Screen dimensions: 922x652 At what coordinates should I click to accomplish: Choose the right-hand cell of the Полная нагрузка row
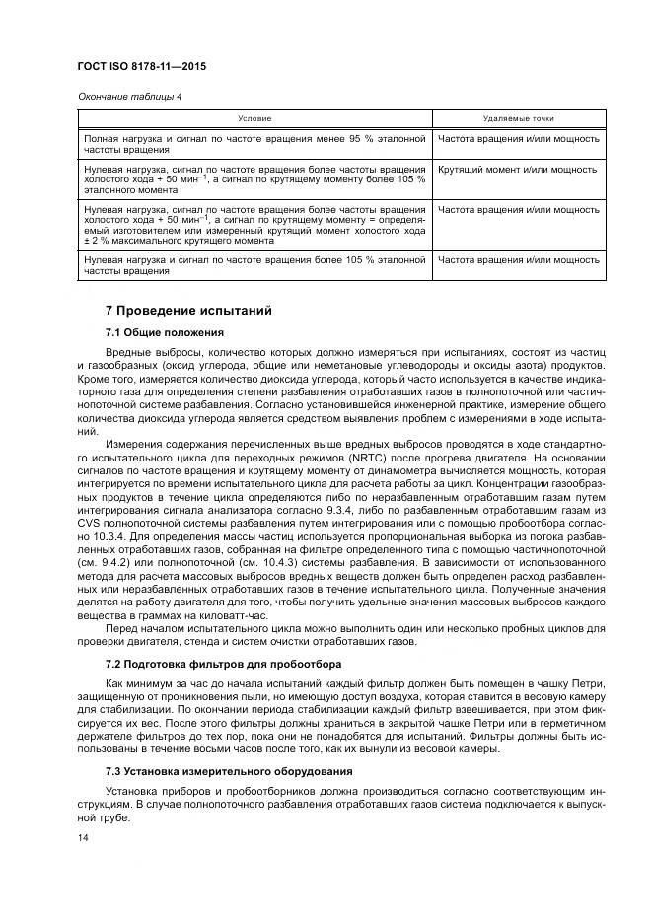click(x=518, y=139)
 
